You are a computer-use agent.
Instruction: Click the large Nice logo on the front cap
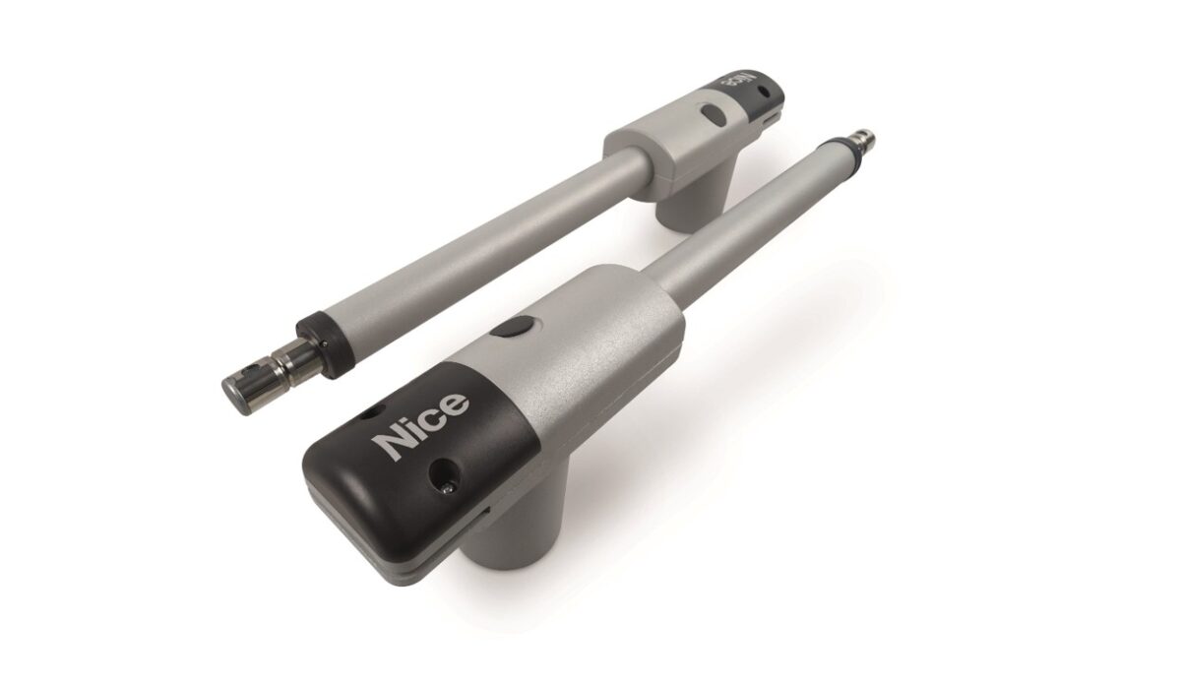420,426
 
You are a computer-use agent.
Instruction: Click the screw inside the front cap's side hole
447,488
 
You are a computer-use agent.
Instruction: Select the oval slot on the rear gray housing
714,115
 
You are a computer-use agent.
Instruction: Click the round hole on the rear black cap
763,92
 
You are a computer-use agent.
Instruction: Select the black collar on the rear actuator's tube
326,344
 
